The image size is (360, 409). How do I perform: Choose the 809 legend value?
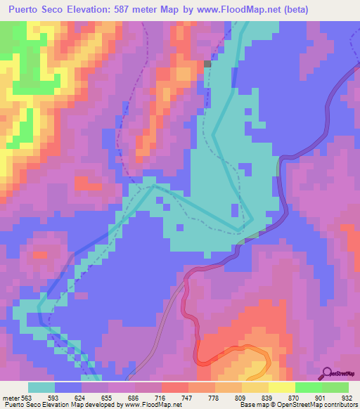click(224, 397)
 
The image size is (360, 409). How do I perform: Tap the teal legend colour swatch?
click(41, 387)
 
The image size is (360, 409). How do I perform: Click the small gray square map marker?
click(207, 63)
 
